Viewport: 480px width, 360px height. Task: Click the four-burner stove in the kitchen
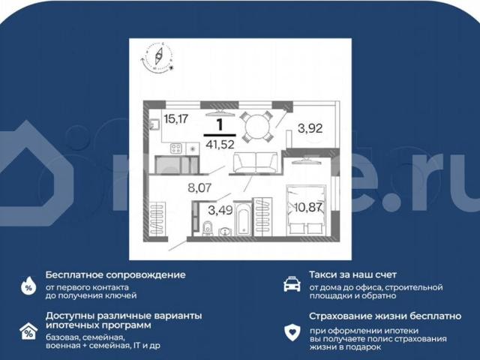[x=178, y=147]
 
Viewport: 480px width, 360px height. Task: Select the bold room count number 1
[x=220, y=124]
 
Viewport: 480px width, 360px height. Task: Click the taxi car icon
[x=291, y=284]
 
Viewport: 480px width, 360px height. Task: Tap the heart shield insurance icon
[x=291, y=331]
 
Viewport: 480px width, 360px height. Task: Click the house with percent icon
[x=28, y=331]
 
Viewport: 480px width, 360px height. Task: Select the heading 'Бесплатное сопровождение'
[x=115, y=275]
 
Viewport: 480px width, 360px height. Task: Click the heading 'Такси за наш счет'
[x=352, y=275]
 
